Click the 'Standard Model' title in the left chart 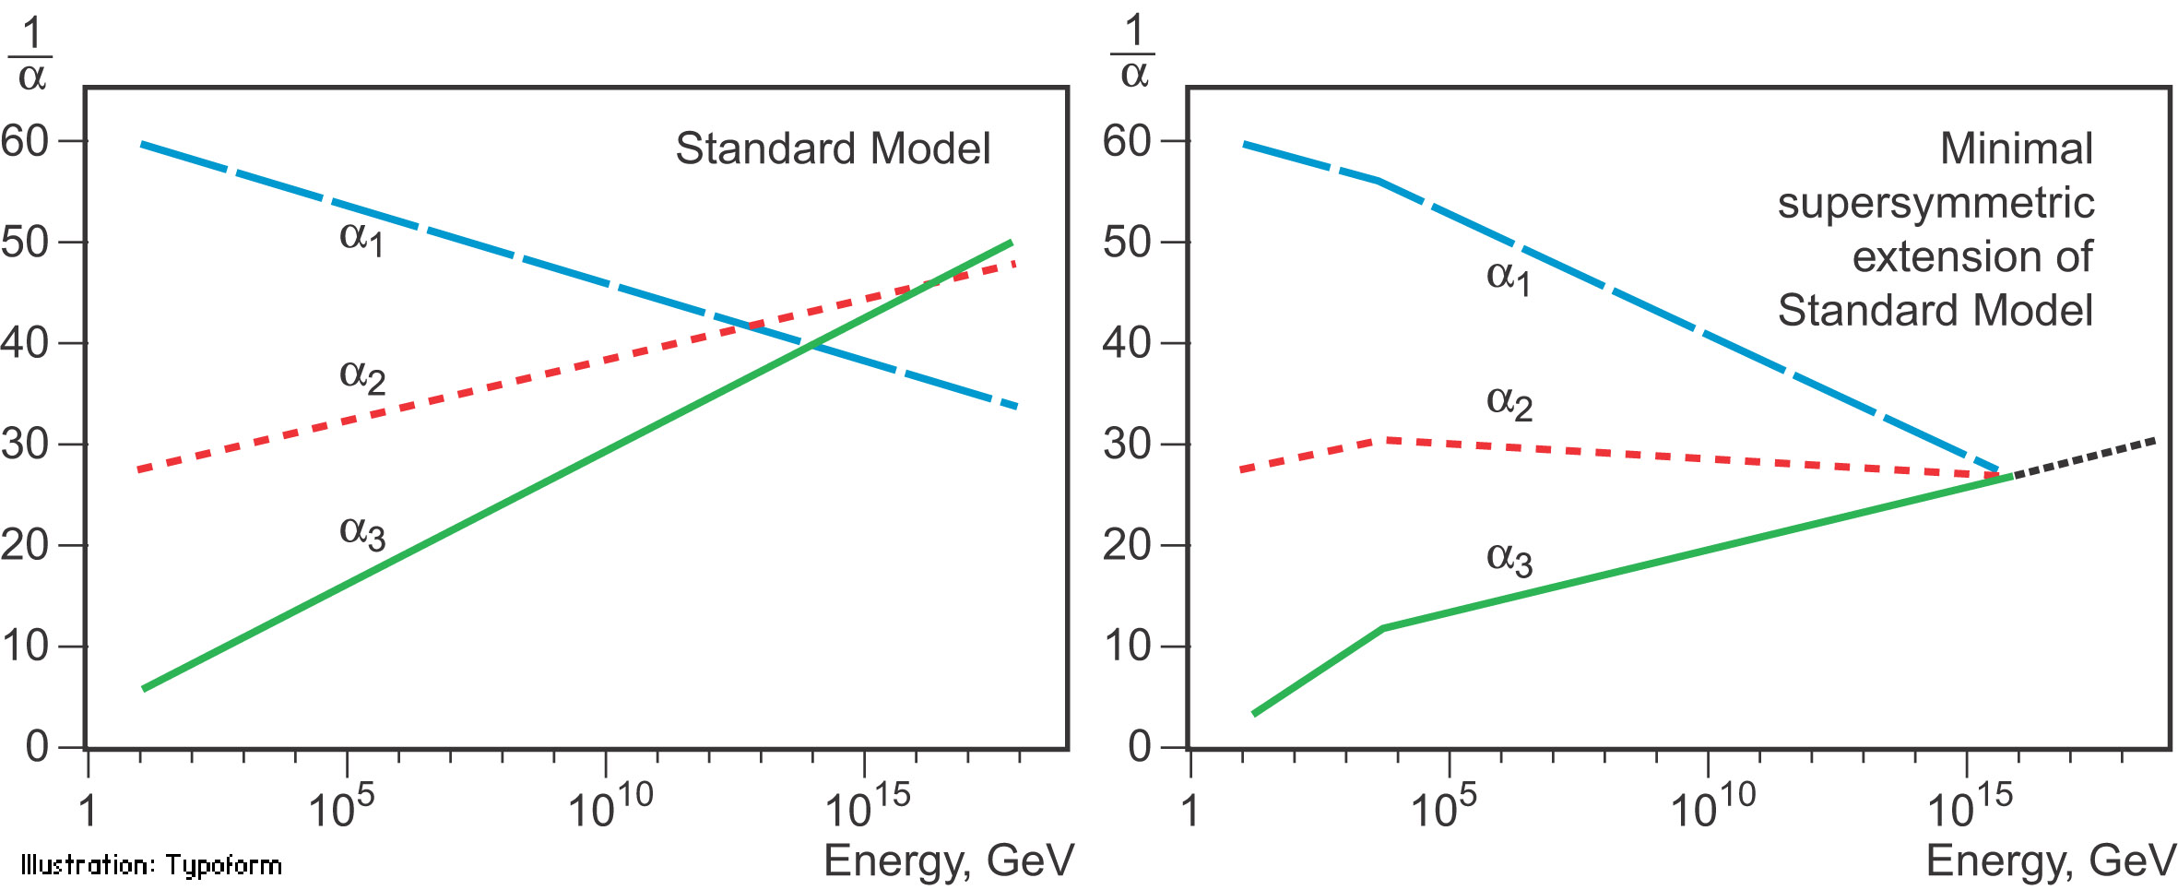[x=833, y=149]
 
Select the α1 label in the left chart [x=361, y=238]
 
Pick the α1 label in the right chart [x=1509, y=277]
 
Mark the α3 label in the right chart [x=1509, y=559]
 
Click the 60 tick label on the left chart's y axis [x=25, y=141]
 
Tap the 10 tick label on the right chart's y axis [x=1127, y=646]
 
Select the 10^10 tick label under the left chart [x=610, y=805]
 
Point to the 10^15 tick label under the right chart [x=1970, y=805]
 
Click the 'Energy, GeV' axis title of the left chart [x=949, y=860]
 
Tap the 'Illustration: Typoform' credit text [x=151, y=865]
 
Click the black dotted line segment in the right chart [x=2084, y=458]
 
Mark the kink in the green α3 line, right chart [x=1382, y=628]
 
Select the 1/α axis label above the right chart [x=1133, y=53]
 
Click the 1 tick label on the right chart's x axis [x=1190, y=810]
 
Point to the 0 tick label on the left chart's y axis [x=37, y=746]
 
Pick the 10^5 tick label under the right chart [x=1443, y=805]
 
